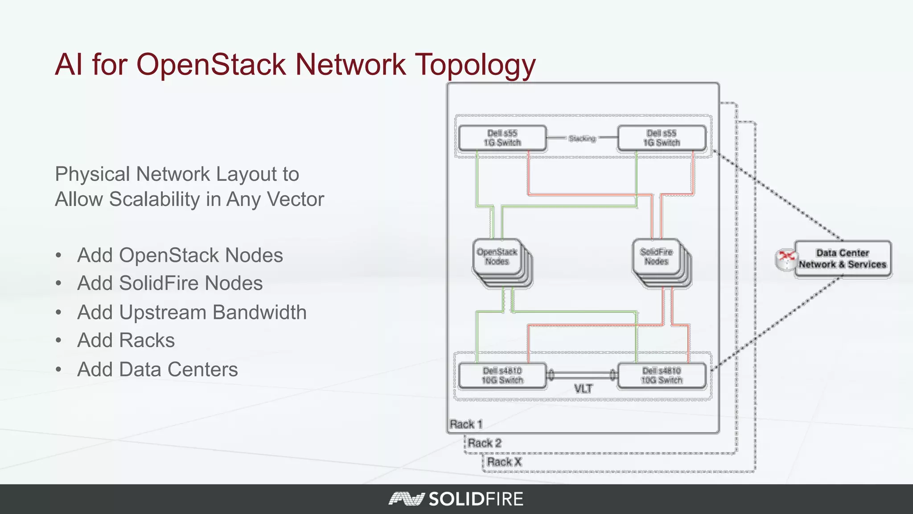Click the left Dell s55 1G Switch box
pyautogui.click(x=502, y=138)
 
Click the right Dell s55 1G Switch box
pyautogui.click(x=662, y=138)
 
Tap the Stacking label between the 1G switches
pyautogui.click(x=582, y=138)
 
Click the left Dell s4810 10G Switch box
pyautogui.click(x=502, y=376)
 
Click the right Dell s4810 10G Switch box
pyautogui.click(x=662, y=376)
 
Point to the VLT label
pyautogui.click(x=583, y=389)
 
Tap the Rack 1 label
pyautogui.click(x=466, y=424)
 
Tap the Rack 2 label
pyautogui.click(x=485, y=443)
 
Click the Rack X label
pyautogui.click(x=504, y=462)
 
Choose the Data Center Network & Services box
pyautogui.click(x=843, y=259)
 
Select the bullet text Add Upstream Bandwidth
pyautogui.click(x=192, y=312)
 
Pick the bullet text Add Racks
pyautogui.click(x=126, y=340)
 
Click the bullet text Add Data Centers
pyautogui.click(x=157, y=369)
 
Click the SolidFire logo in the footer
pyautogui.click(x=456, y=499)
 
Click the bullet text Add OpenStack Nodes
pyautogui.click(x=180, y=255)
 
